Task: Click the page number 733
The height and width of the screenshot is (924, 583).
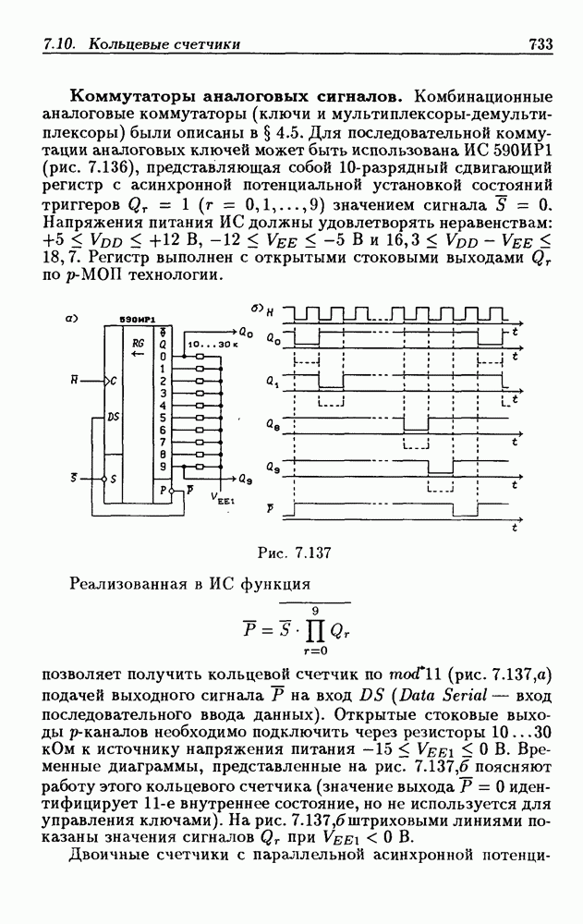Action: click(540, 43)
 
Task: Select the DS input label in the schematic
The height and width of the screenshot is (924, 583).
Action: click(114, 418)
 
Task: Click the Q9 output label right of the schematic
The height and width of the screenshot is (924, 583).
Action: click(245, 480)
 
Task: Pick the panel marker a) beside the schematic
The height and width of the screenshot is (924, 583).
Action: click(69, 319)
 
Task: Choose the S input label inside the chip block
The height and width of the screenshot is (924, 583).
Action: click(114, 480)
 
